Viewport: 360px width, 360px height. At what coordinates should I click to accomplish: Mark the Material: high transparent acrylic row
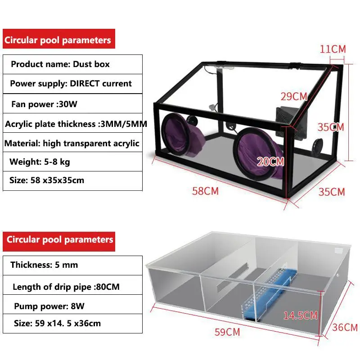[72, 143]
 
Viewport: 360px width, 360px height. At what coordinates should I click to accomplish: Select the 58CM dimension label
[205, 191]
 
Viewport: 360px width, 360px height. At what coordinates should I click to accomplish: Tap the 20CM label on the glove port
[271, 161]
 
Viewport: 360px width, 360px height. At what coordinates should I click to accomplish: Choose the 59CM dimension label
[227, 333]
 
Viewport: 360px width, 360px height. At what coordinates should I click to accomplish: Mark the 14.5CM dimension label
[300, 315]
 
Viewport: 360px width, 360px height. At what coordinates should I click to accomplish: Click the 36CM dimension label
[345, 328]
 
